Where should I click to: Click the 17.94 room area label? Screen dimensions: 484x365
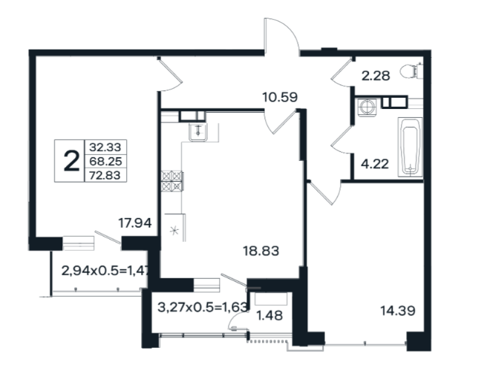(135, 223)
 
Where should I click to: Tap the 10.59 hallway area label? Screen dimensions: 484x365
(280, 97)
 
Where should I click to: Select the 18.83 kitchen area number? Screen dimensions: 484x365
(261, 251)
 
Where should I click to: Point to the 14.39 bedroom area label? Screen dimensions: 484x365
(398, 310)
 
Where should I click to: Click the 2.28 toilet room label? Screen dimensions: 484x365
(376, 76)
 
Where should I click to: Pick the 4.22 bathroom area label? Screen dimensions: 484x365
(375, 164)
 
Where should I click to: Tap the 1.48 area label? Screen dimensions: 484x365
(269, 315)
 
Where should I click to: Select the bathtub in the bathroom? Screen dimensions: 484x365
(410, 147)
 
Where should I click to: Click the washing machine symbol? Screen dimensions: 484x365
(367, 107)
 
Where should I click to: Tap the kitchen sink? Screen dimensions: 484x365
(198, 132)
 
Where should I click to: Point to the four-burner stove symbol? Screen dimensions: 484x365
(172, 181)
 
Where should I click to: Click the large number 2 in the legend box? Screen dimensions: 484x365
(71, 162)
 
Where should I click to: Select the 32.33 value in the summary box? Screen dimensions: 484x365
(105, 147)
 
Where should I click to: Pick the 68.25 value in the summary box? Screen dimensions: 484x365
(105, 161)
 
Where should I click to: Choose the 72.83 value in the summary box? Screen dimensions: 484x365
(105, 175)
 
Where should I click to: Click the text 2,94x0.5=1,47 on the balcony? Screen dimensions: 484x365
(105, 271)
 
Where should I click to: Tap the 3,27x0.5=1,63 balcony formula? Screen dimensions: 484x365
(203, 307)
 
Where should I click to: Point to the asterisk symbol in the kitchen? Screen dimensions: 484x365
(174, 231)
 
